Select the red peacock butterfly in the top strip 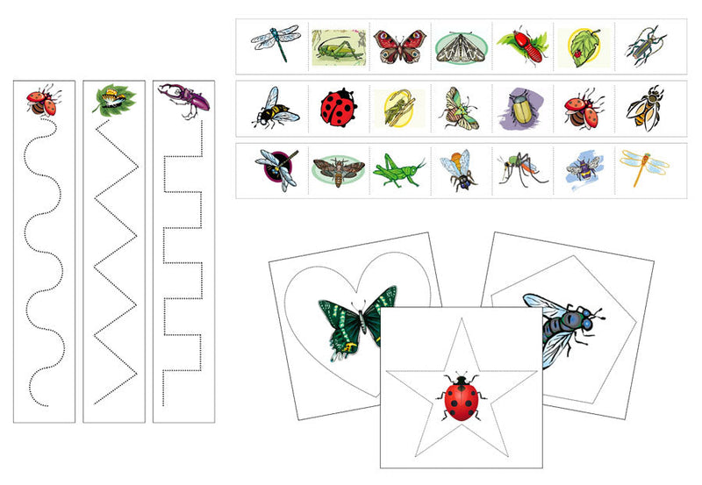click(x=395, y=46)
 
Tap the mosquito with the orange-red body click(x=519, y=168)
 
